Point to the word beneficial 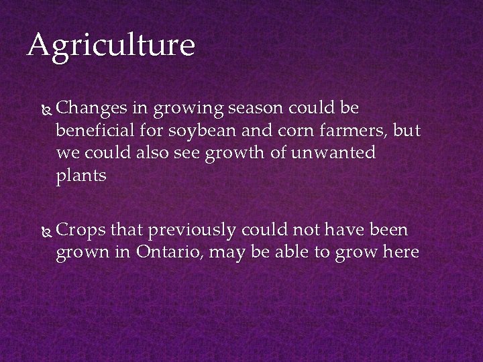pyautogui.click(x=93, y=131)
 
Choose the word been pyautogui.click(x=388, y=231)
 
